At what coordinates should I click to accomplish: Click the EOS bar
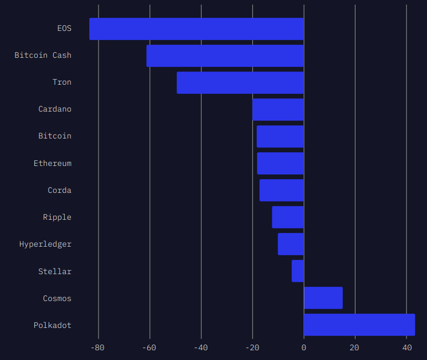(x=197, y=29)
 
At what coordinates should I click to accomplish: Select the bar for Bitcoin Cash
(x=225, y=56)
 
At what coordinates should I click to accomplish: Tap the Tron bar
(x=240, y=83)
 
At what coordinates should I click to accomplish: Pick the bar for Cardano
(x=278, y=110)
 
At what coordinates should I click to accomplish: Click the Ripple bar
(x=288, y=217)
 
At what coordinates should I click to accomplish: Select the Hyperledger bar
(x=291, y=244)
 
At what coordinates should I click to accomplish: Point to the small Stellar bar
(x=298, y=271)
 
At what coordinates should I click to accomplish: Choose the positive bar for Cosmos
(x=323, y=298)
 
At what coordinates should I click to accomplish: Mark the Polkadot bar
(x=359, y=325)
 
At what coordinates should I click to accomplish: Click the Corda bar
(x=282, y=191)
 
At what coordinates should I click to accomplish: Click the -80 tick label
(x=97, y=348)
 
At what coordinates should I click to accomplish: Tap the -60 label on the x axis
(x=149, y=348)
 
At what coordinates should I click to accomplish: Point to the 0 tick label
(x=304, y=348)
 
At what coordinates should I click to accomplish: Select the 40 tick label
(x=407, y=348)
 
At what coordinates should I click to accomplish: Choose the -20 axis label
(x=252, y=348)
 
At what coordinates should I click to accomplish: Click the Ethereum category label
(x=53, y=163)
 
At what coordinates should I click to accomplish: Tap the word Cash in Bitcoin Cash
(x=62, y=56)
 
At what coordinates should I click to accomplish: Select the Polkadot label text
(x=53, y=326)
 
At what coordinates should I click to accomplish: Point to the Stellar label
(x=55, y=271)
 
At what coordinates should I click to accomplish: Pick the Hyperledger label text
(x=45, y=244)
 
